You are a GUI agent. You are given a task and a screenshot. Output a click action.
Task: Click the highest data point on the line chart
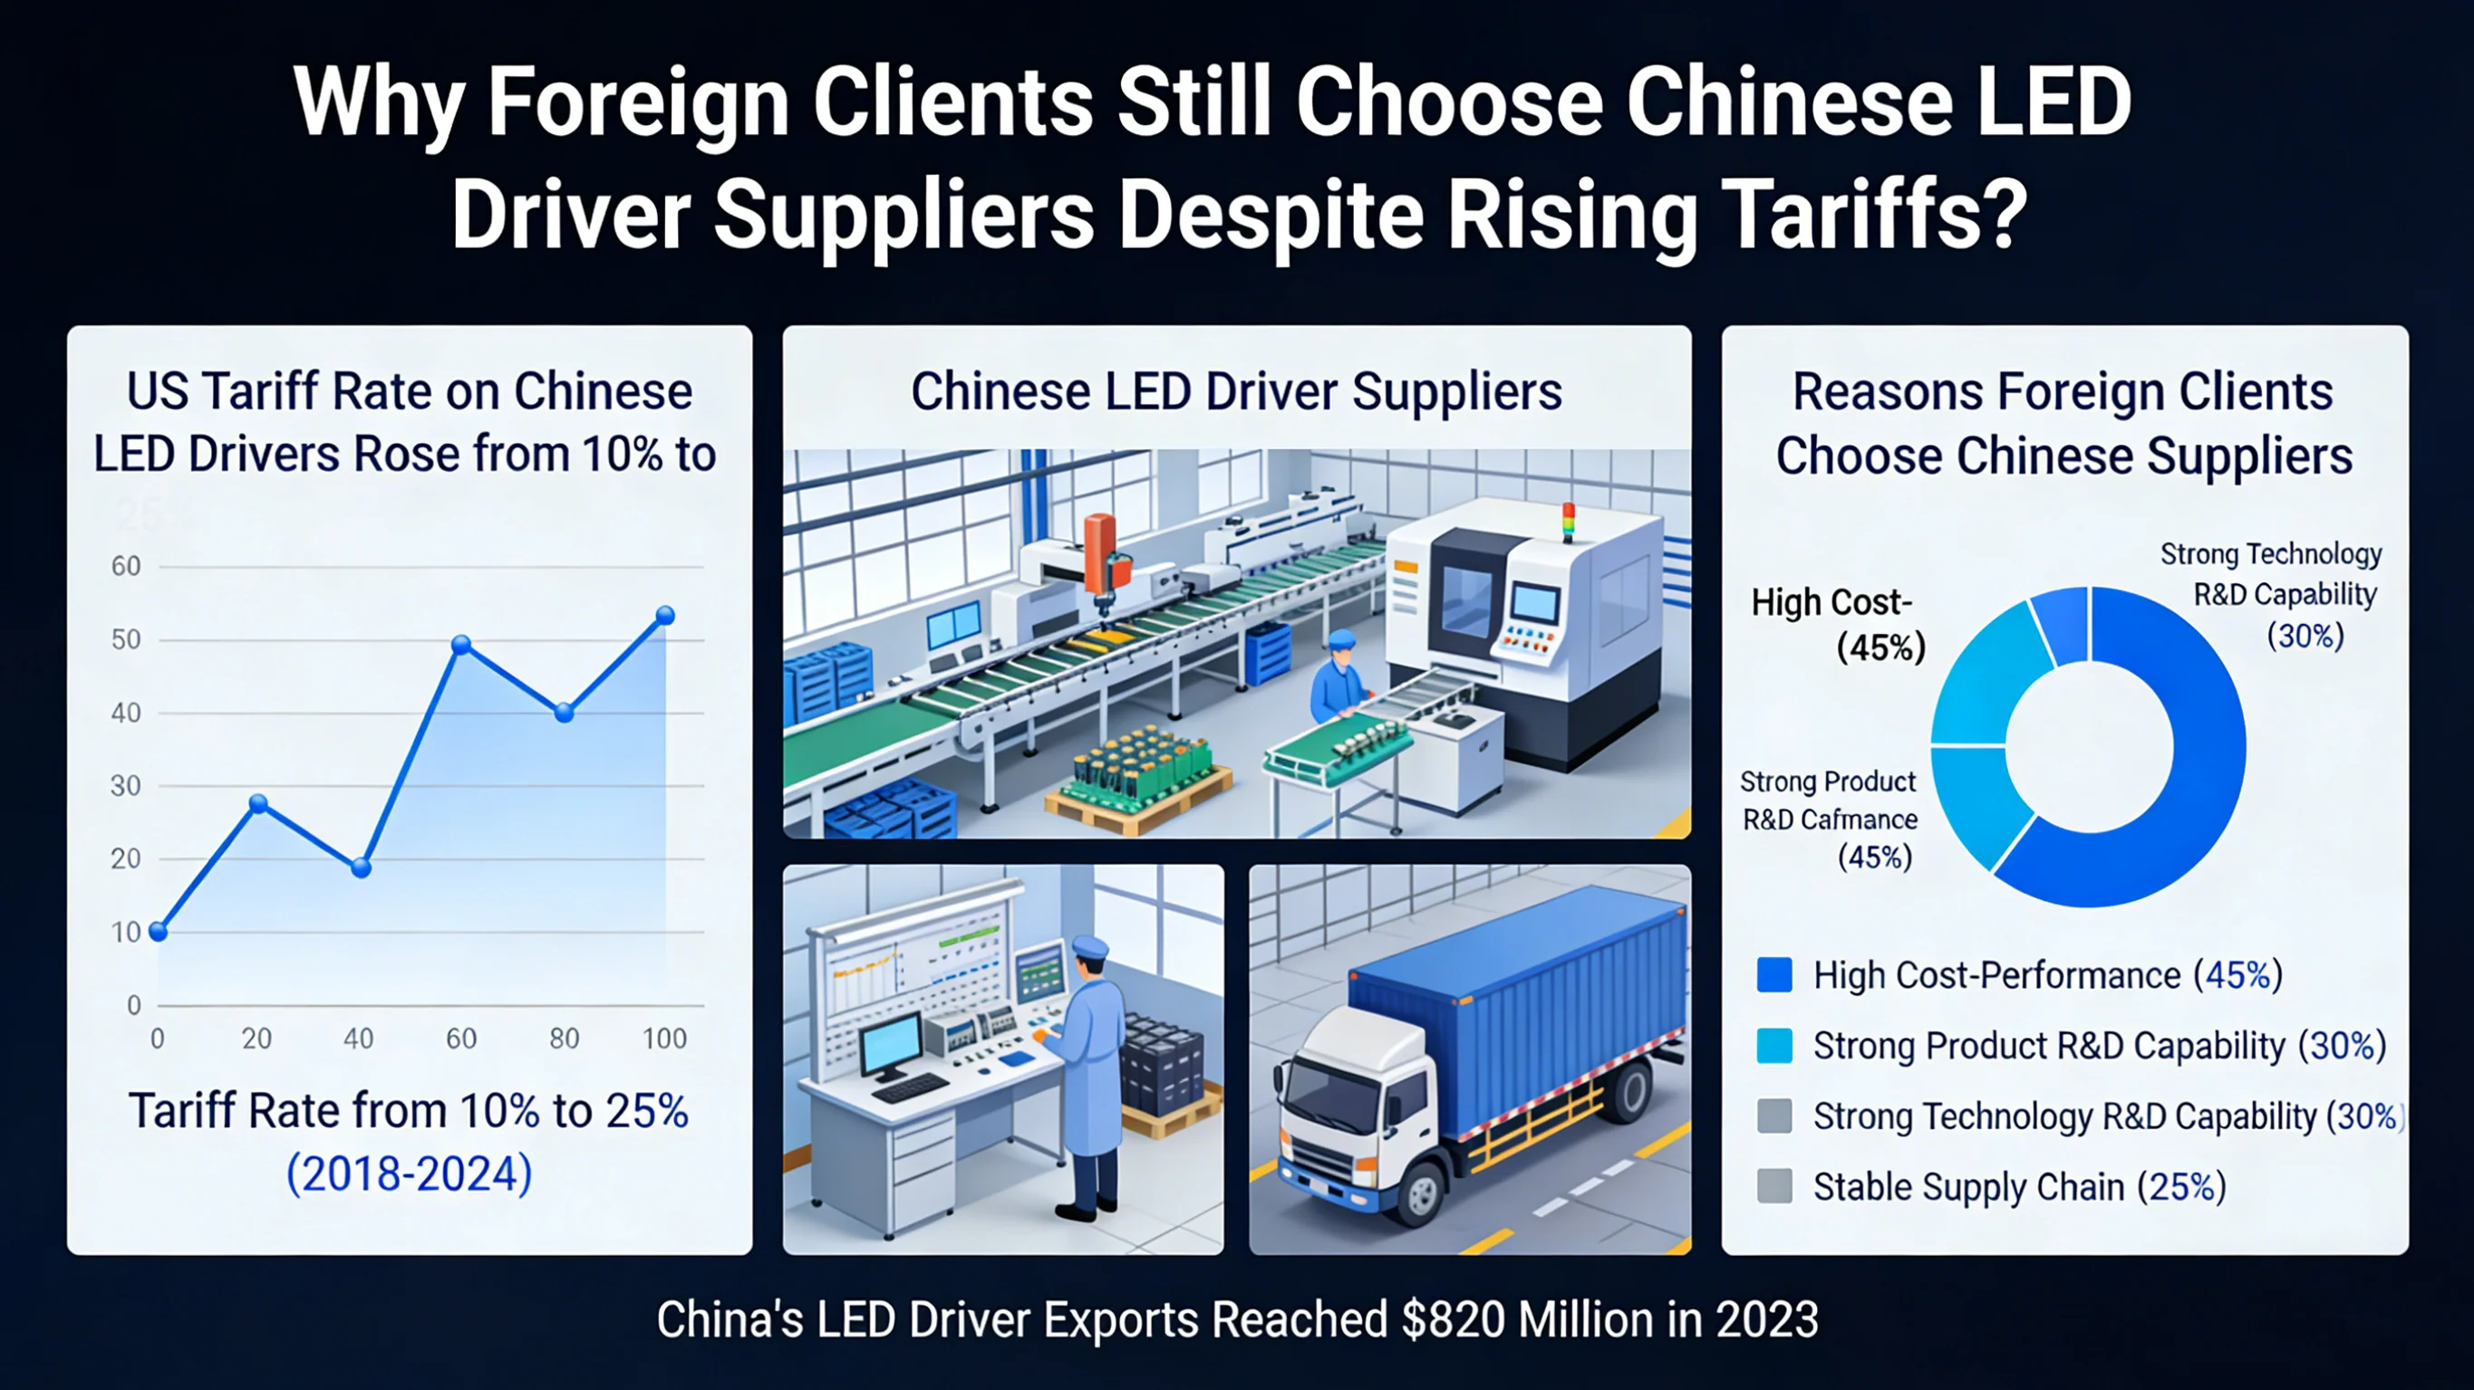(x=664, y=616)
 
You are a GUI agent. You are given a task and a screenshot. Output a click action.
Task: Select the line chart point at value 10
(x=159, y=931)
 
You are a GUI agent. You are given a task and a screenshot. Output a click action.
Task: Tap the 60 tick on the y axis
(x=126, y=566)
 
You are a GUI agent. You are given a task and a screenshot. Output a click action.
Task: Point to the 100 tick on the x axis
(x=664, y=1039)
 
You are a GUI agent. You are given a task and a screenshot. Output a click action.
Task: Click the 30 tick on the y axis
(x=126, y=786)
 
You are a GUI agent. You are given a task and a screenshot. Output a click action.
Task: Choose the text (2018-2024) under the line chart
(x=409, y=1173)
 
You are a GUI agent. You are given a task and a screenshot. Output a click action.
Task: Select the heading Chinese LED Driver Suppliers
(x=1236, y=392)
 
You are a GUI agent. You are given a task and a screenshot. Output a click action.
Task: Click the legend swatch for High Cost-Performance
(x=1773, y=975)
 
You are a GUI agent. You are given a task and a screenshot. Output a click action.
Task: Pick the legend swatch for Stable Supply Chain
(x=1773, y=1186)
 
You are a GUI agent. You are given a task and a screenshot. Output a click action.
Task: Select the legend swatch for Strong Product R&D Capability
(x=1773, y=1045)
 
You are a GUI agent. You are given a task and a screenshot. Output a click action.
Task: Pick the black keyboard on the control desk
(x=910, y=1088)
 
